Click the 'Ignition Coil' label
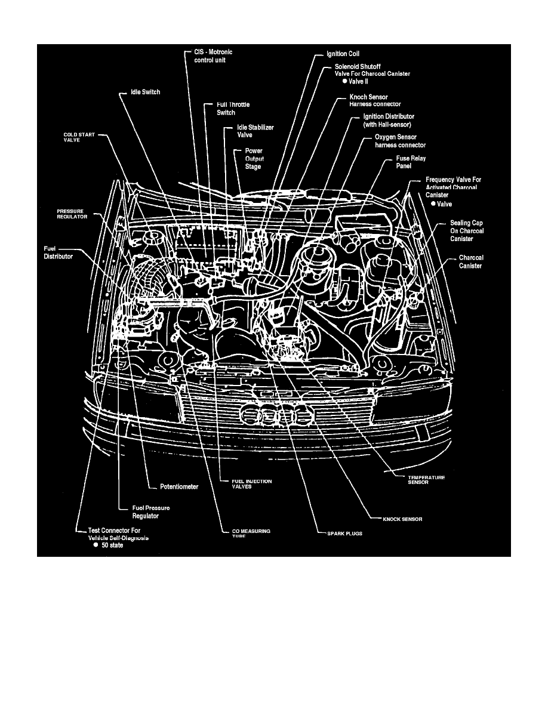point(343,54)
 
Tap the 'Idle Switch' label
point(146,93)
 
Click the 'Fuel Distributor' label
point(58,252)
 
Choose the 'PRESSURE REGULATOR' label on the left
point(72,214)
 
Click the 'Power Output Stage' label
point(254,159)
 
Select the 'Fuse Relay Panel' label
point(411,162)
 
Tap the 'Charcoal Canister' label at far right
point(470,262)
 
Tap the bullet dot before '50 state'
point(95,545)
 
